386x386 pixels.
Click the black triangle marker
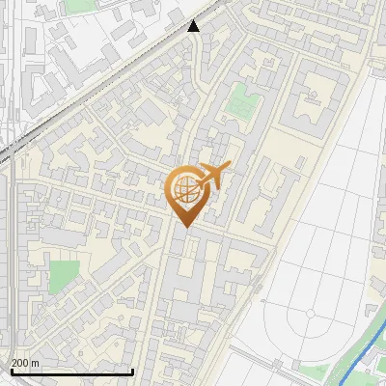point(194,26)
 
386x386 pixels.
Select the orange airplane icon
point(211,177)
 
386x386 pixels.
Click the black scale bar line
point(71,372)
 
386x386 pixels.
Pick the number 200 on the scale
point(20,363)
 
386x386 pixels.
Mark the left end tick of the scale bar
point(11,370)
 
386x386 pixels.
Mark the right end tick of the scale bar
point(132,370)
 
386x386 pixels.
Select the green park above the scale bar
point(63,273)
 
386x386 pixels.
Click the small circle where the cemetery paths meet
point(310,313)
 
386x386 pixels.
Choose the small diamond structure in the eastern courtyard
point(313,95)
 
